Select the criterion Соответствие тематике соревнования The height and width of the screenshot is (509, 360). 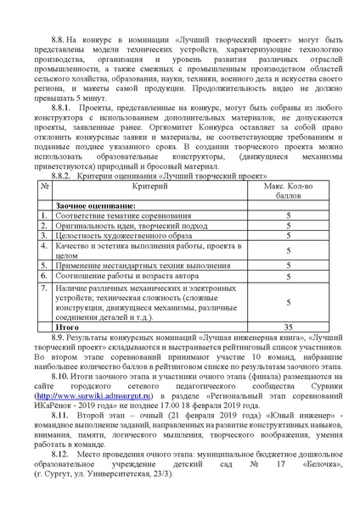point(114,216)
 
